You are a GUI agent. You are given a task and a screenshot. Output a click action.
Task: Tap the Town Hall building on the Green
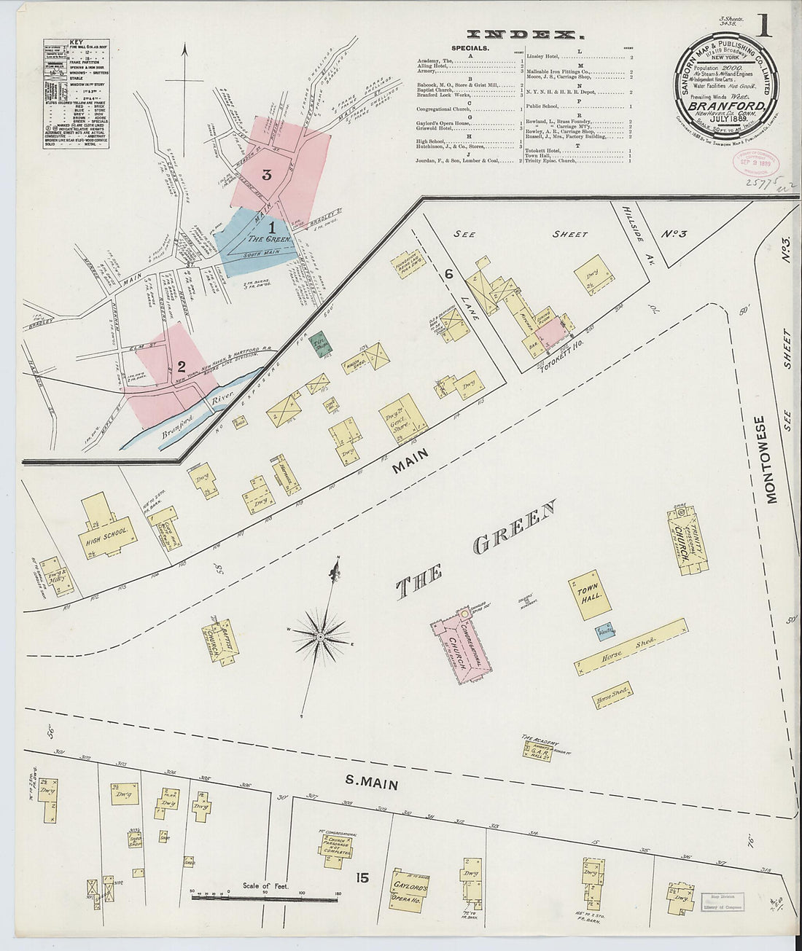(x=588, y=594)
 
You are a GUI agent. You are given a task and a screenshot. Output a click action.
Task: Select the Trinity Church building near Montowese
(x=685, y=544)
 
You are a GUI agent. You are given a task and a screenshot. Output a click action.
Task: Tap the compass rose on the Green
(x=320, y=638)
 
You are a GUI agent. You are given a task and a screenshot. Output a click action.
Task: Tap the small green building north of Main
(x=318, y=343)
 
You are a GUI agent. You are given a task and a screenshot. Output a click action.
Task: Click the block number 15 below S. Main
(x=362, y=877)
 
